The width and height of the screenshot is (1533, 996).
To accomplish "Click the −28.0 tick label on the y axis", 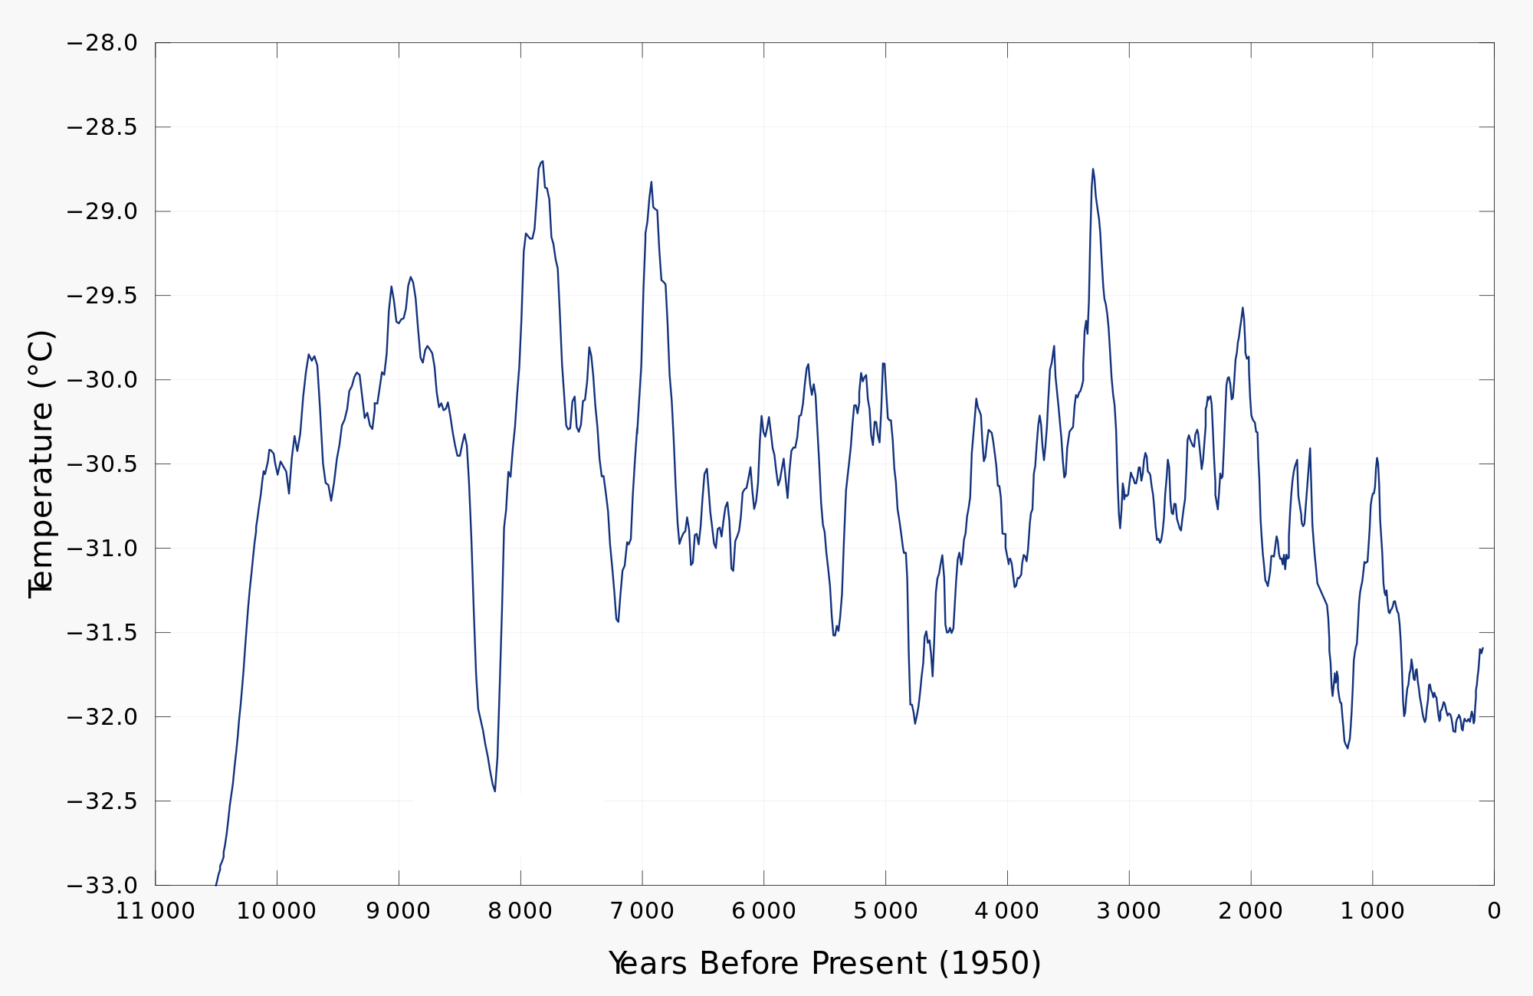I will pyautogui.click(x=102, y=43).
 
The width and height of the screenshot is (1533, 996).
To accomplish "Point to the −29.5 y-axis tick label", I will pyautogui.click(x=102, y=296).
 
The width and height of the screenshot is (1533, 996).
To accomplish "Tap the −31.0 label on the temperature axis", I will pyautogui.click(x=102, y=549).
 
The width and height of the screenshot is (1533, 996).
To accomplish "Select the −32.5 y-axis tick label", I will pyautogui.click(x=102, y=801).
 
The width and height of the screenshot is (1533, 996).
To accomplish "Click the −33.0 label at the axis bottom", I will pyautogui.click(x=102, y=886).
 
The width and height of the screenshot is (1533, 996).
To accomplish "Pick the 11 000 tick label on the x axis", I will pyautogui.click(x=156, y=911).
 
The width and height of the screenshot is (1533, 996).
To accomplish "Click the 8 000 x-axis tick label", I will pyautogui.click(x=520, y=911).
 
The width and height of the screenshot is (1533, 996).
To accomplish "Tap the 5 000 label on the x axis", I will pyautogui.click(x=885, y=911).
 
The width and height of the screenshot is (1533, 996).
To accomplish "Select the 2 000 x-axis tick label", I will pyautogui.click(x=1251, y=911).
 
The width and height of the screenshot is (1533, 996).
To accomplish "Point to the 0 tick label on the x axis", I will pyautogui.click(x=1493, y=911).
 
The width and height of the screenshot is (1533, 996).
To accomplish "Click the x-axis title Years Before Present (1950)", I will pyautogui.click(x=825, y=963).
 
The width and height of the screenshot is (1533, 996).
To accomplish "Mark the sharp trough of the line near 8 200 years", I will pyautogui.click(x=494, y=791).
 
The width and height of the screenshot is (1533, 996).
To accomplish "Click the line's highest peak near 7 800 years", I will pyautogui.click(x=543, y=162).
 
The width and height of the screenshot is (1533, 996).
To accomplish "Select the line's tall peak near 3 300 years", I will pyautogui.click(x=1093, y=169).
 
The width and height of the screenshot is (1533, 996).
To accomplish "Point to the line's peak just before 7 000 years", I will pyautogui.click(x=652, y=182).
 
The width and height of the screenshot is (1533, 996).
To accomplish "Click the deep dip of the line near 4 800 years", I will pyautogui.click(x=915, y=723).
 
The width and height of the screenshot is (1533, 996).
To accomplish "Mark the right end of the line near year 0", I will pyautogui.click(x=1483, y=648).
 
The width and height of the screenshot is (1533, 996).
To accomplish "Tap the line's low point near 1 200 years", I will pyautogui.click(x=1348, y=748).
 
